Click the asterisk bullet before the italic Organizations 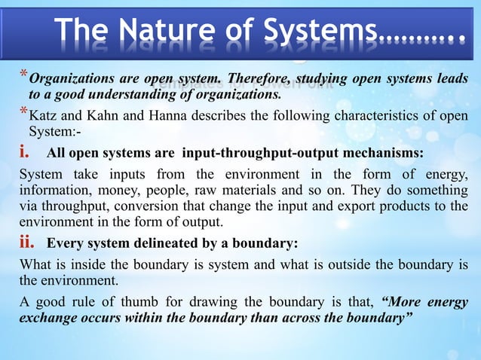pyautogui.click(x=23, y=75)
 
